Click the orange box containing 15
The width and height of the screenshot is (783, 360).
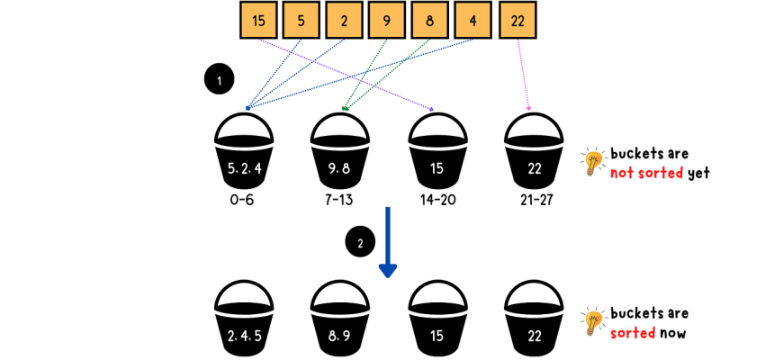point(259,21)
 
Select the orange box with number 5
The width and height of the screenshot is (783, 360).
point(301,21)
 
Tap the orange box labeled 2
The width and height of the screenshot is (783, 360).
point(345,21)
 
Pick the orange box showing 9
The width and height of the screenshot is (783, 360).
point(387,21)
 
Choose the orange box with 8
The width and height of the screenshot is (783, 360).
point(430,21)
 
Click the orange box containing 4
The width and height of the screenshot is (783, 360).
point(472,21)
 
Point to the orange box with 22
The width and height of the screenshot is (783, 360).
point(517,21)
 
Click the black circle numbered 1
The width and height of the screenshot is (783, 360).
point(219,79)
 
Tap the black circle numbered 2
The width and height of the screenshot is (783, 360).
point(360,242)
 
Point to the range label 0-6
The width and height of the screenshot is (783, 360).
point(242,200)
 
